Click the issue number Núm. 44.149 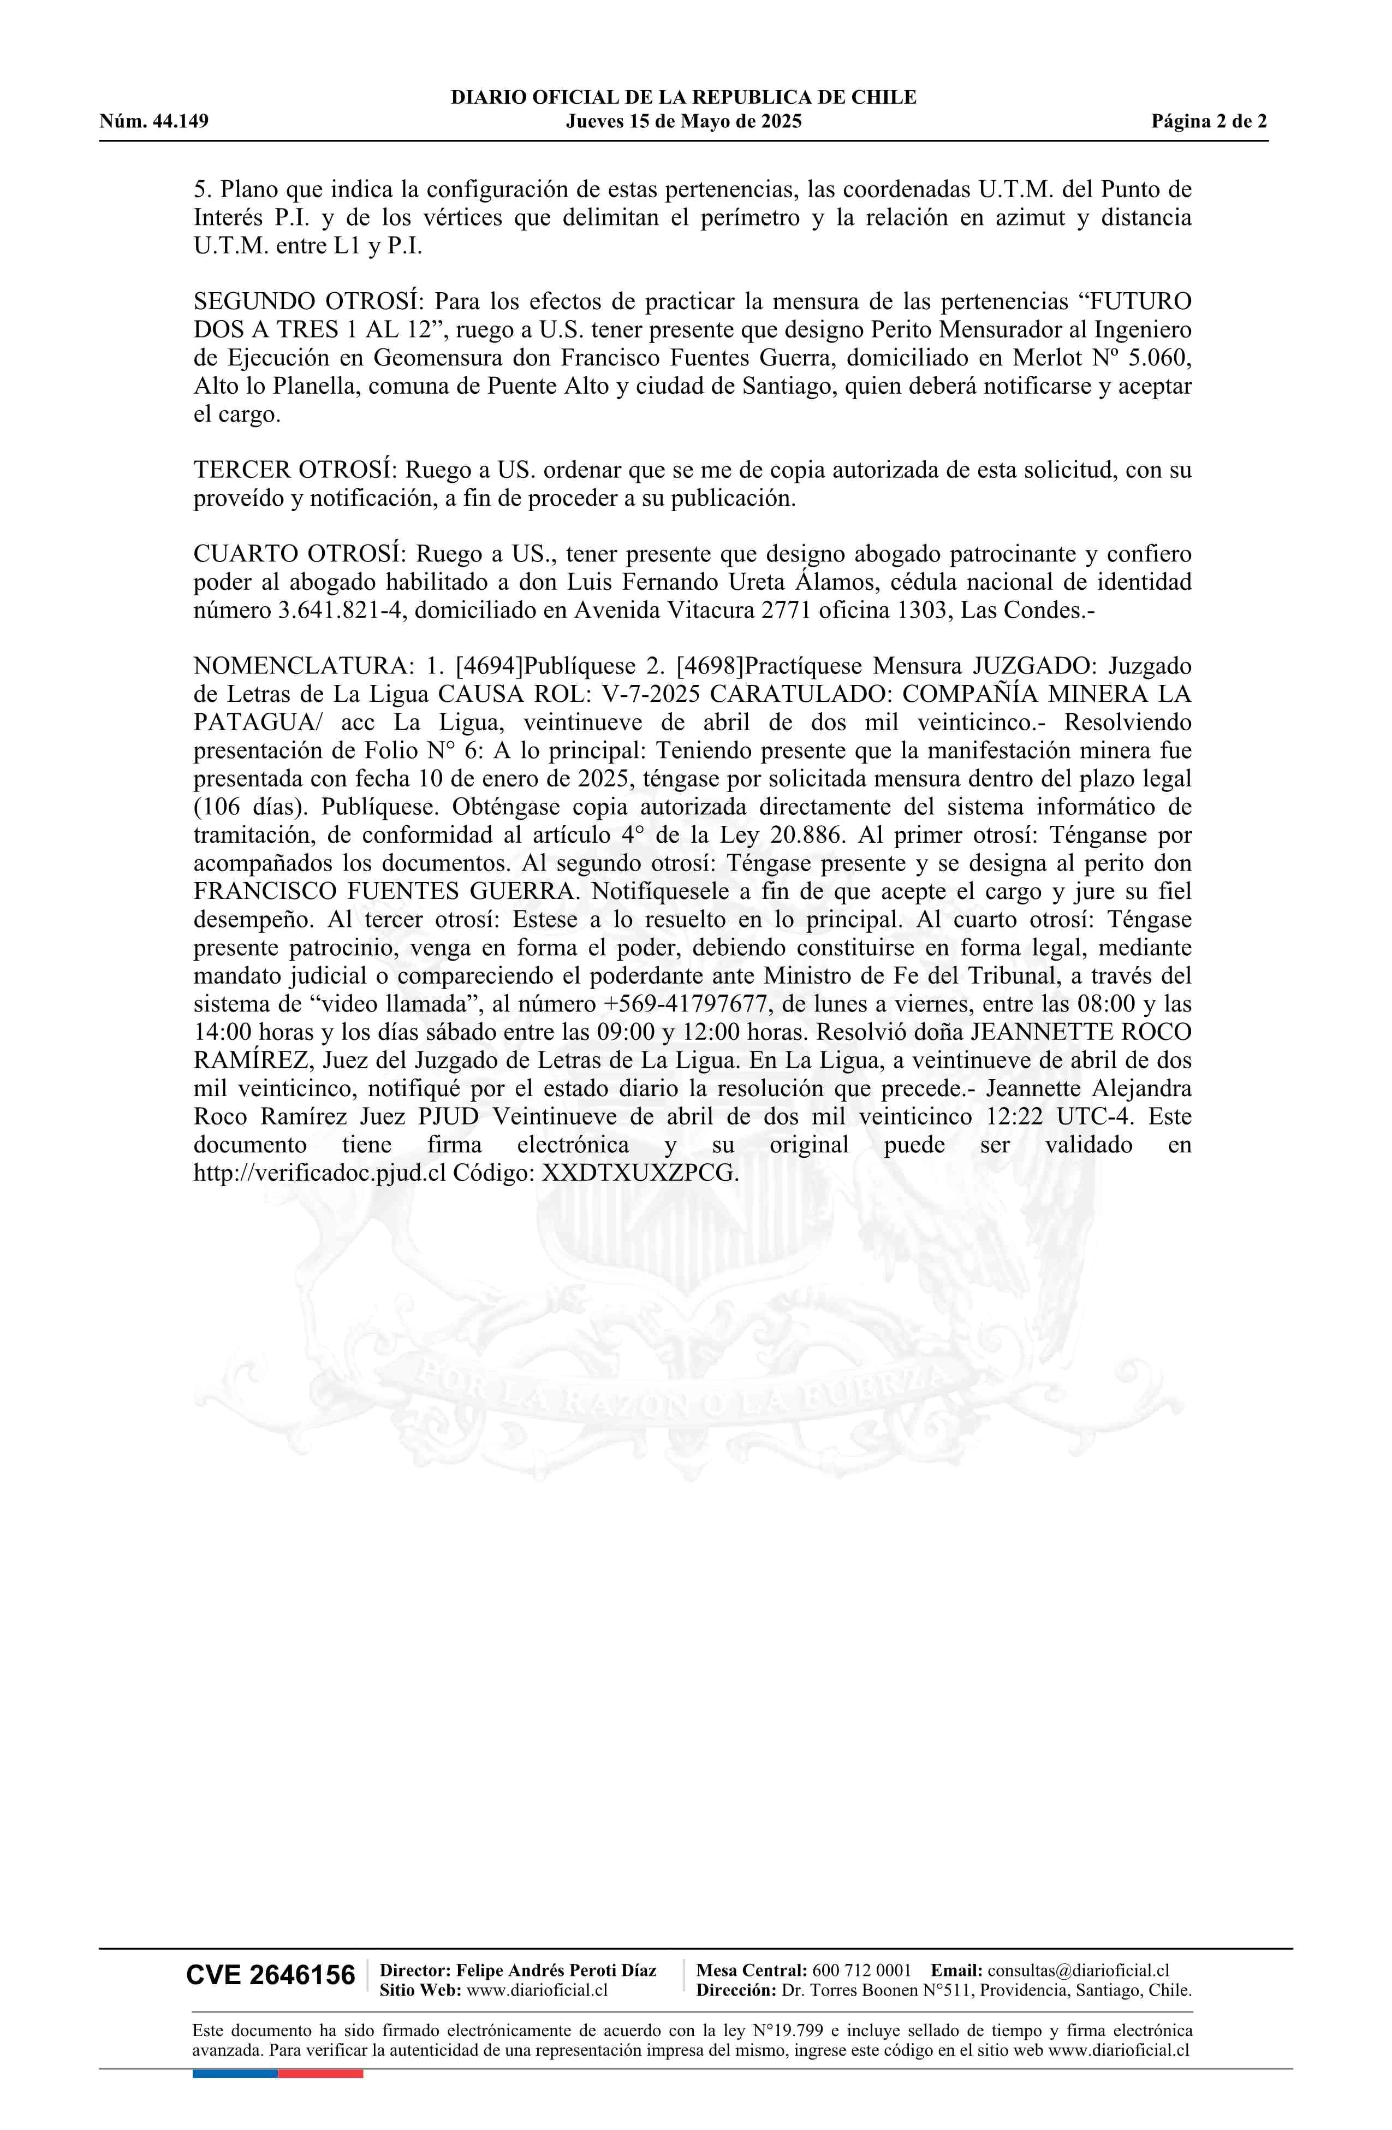154,122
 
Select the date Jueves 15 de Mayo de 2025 683,122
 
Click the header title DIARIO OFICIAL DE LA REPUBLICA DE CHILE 683,98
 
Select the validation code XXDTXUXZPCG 640,1173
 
